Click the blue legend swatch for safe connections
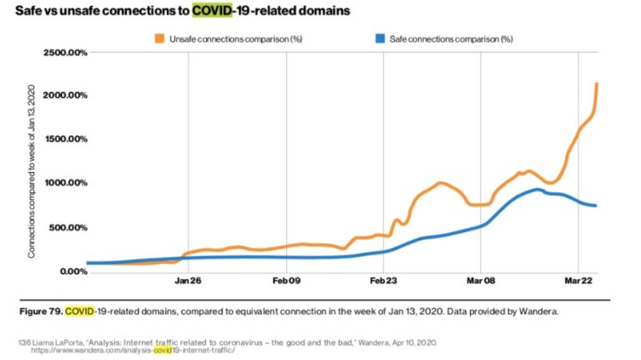pyautogui.click(x=381, y=38)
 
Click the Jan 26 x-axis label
pyautogui.click(x=188, y=281)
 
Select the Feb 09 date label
pyautogui.click(x=285, y=281)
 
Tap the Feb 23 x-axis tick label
pyautogui.click(x=383, y=281)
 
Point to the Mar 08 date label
pyautogui.click(x=482, y=281)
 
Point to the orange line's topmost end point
pyautogui.click(x=596, y=84)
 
